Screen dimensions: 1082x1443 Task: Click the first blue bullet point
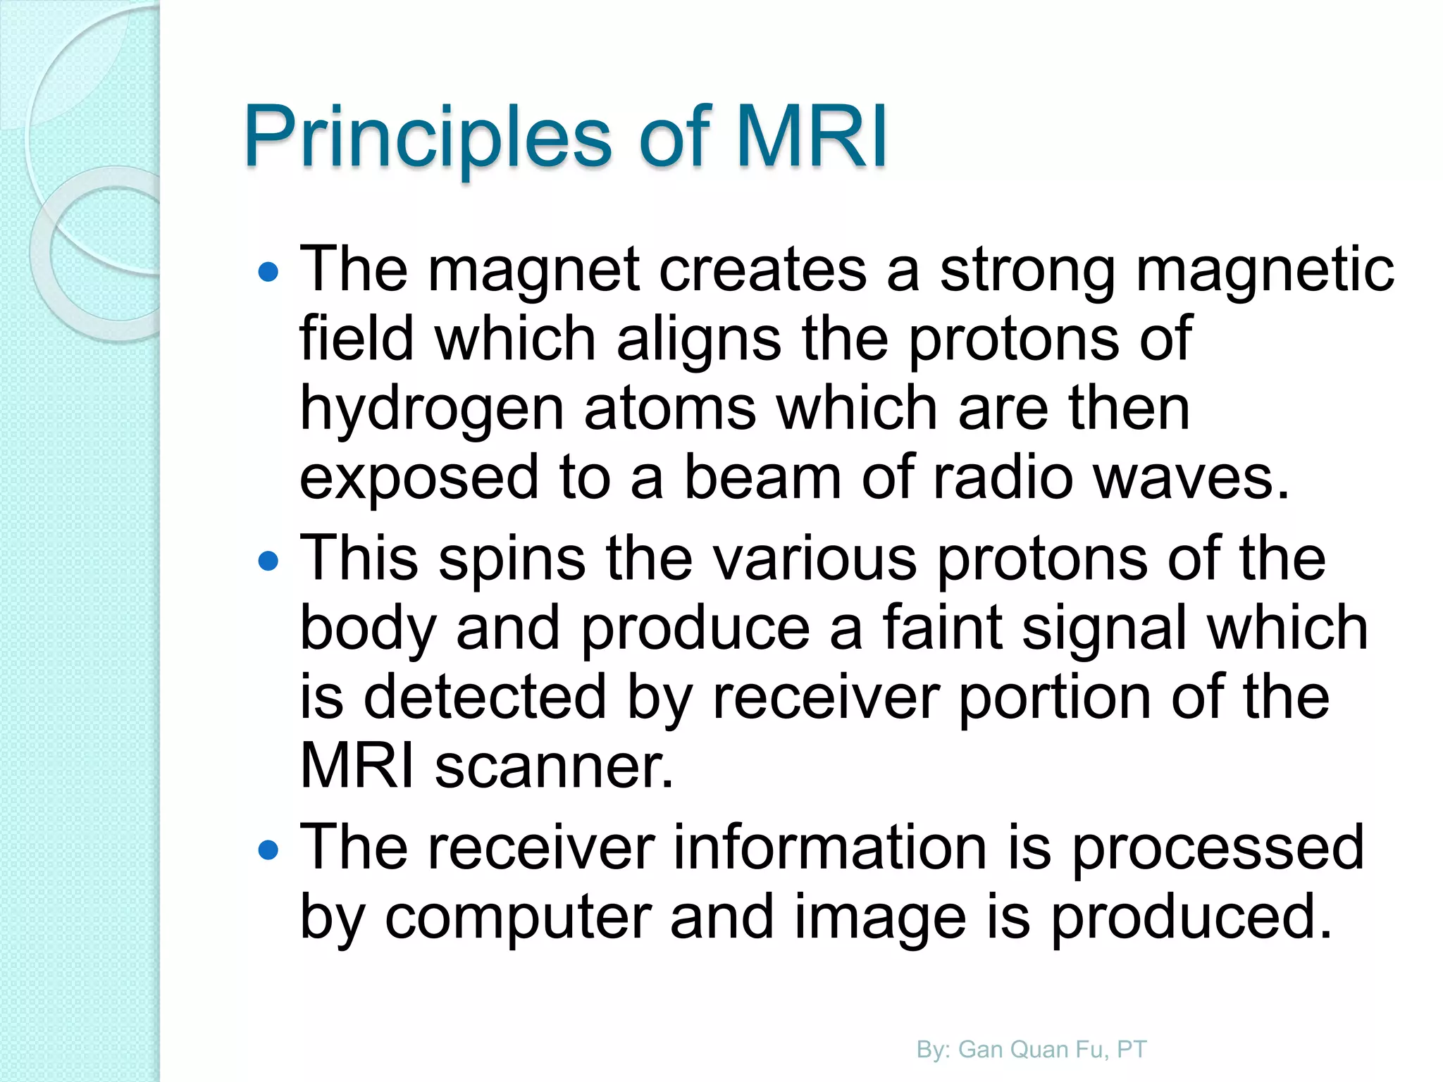(x=268, y=273)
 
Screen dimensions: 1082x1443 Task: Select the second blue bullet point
(x=268, y=561)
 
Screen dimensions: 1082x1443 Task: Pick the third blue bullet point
(x=268, y=850)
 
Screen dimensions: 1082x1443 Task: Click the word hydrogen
(x=431, y=411)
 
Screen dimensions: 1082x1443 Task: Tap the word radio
(x=1003, y=479)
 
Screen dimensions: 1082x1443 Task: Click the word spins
(x=512, y=559)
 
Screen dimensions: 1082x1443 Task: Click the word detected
(x=485, y=697)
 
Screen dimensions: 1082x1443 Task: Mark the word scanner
(x=554, y=766)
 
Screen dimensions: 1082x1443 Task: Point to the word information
(x=830, y=847)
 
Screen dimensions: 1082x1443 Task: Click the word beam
(x=763, y=479)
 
